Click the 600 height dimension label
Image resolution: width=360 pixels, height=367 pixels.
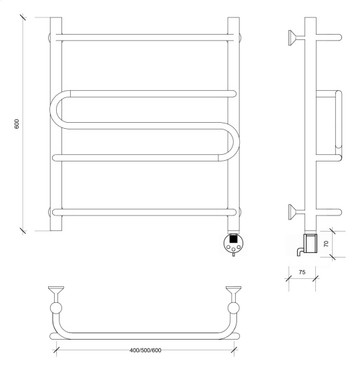click(17, 124)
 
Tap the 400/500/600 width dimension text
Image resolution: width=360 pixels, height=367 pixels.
click(145, 350)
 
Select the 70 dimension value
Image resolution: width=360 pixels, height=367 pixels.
click(326, 244)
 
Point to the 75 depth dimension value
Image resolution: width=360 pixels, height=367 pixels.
click(302, 272)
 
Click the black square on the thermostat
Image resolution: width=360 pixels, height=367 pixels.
click(233, 239)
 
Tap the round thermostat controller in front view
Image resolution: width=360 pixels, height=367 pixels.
click(233, 243)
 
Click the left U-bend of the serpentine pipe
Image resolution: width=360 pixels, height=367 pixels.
click(54, 109)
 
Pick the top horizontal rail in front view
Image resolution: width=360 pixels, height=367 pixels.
click(144, 37)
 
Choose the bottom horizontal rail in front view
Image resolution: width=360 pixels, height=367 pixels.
click(144, 212)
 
